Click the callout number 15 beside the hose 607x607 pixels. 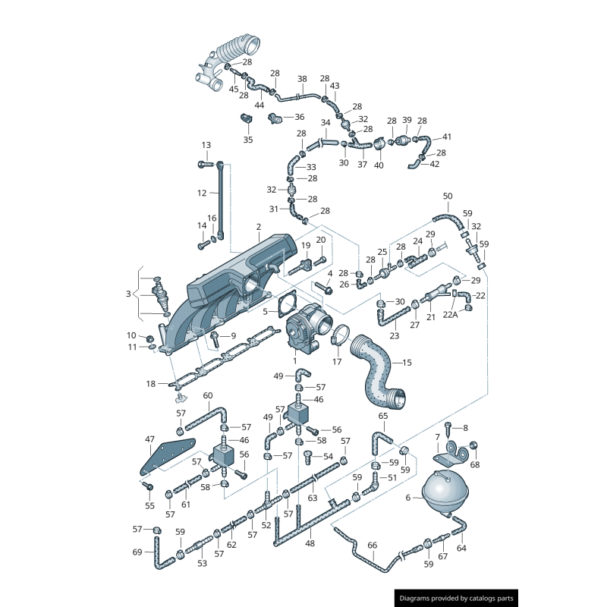407,363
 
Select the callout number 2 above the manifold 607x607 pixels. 259,227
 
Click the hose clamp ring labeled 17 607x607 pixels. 340,333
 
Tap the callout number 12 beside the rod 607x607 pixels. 202,193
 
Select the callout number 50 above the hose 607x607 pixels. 448,196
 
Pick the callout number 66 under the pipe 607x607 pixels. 372,545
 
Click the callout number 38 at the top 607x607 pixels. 302,79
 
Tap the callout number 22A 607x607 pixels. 450,314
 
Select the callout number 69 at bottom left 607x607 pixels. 137,552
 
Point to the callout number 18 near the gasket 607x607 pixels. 151,384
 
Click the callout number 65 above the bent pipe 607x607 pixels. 383,416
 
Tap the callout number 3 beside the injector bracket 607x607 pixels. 128,294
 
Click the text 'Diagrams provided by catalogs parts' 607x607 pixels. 457,598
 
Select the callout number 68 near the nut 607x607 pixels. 475,464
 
